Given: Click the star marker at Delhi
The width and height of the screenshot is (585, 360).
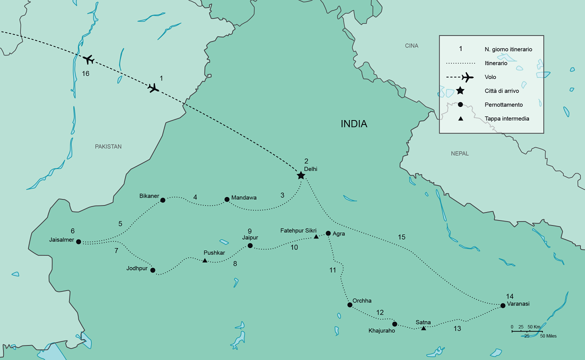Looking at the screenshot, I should click(x=300, y=175).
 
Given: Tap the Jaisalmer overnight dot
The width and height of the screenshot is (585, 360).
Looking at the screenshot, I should click(x=78, y=241).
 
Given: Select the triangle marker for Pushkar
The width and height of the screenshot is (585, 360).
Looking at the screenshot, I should click(x=205, y=260).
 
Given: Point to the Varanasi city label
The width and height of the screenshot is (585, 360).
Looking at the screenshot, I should click(x=518, y=303).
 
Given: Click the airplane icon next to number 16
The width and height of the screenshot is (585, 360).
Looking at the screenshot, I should click(x=88, y=59).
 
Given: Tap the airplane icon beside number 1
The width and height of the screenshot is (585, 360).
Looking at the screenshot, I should click(x=153, y=88).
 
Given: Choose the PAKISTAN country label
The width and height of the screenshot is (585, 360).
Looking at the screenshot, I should click(x=108, y=146).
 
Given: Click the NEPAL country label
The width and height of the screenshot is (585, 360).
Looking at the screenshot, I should click(x=459, y=153).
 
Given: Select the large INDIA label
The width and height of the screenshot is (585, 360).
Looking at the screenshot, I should click(x=354, y=123).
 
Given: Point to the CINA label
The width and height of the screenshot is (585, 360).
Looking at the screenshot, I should click(x=411, y=46).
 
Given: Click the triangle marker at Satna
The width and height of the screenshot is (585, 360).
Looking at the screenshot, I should click(x=423, y=328).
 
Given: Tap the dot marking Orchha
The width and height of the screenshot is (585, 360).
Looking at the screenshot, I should click(x=349, y=304).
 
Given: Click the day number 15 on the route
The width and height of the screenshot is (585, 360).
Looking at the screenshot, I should click(x=401, y=236).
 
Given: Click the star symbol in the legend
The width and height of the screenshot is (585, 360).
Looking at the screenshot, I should click(x=460, y=91).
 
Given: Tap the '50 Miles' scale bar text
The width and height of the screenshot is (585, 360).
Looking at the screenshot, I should click(x=549, y=336).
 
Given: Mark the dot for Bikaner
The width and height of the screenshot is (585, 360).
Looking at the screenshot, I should click(x=162, y=200).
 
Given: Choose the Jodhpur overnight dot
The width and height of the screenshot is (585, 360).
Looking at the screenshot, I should click(x=153, y=270).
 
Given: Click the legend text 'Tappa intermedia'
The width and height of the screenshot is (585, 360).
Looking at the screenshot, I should click(x=506, y=119).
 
